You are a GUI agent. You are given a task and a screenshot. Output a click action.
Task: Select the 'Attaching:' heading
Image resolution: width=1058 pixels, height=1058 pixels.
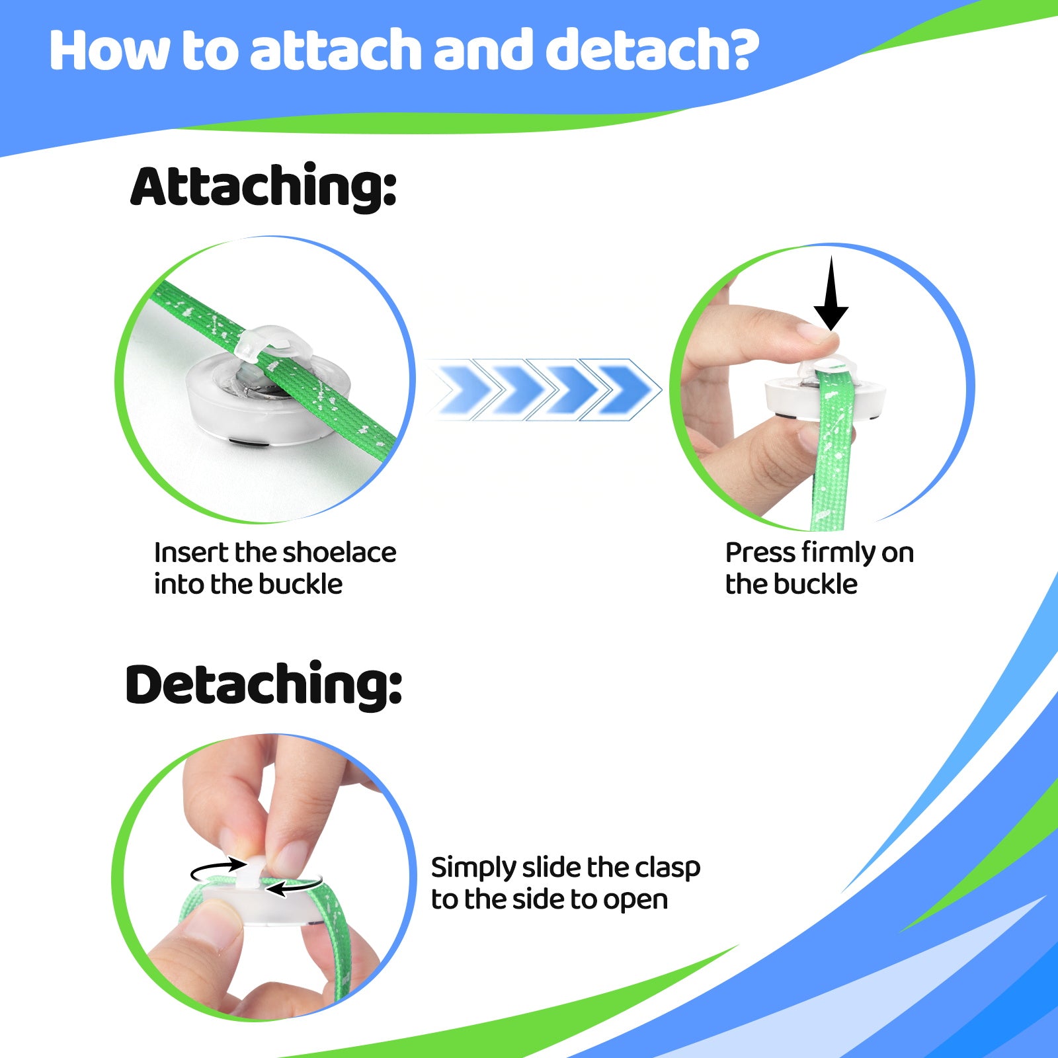[x=263, y=188]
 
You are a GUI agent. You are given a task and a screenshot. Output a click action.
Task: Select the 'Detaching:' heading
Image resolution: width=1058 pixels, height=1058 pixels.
[x=263, y=685]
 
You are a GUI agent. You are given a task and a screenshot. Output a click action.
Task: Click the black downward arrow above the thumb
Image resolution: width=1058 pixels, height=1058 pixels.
[x=831, y=294]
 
